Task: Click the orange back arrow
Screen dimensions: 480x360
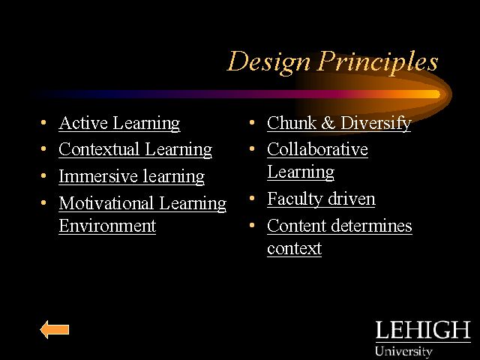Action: pos(55,329)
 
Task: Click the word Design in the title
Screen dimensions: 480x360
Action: pos(269,63)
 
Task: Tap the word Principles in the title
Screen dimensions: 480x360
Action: pos(378,61)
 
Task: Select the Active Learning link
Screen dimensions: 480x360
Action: pos(119,123)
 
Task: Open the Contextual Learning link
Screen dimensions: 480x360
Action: pos(135,150)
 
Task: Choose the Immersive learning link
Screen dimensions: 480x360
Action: pos(132,177)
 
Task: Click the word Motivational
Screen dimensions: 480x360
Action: pos(106,203)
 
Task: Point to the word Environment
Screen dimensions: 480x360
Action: pos(107,226)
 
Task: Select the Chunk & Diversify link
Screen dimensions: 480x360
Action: pos(339,123)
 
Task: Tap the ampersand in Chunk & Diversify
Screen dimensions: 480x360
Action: pos(328,123)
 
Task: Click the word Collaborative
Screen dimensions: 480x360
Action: pos(317,149)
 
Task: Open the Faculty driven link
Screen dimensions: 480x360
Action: pos(321,199)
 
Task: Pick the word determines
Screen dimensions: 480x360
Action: pos(372,226)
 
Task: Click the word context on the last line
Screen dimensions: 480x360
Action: pos(294,248)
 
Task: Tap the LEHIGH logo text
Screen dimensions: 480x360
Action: pos(423,330)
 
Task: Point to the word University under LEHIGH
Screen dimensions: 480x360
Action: pos(403,351)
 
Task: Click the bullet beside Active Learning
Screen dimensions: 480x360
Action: pos(43,123)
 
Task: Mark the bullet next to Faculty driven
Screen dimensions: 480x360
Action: pos(252,198)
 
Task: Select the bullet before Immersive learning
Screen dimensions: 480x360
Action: pos(43,176)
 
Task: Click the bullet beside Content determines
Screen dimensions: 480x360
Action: pos(252,225)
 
